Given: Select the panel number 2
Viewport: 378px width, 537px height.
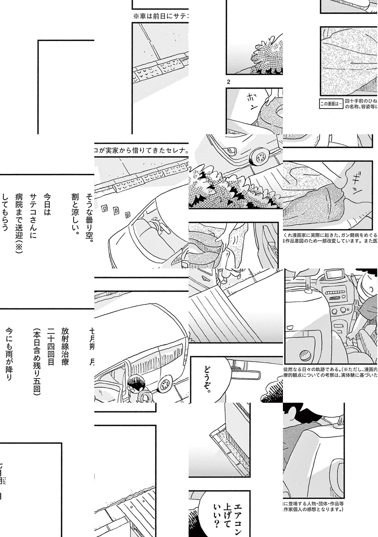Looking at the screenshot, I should tap(228, 82).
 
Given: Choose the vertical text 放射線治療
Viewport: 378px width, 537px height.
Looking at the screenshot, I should tap(65, 346).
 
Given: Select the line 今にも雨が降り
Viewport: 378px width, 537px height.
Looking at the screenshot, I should tap(9, 354).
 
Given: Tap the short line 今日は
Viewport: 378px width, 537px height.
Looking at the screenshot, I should tap(47, 205).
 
